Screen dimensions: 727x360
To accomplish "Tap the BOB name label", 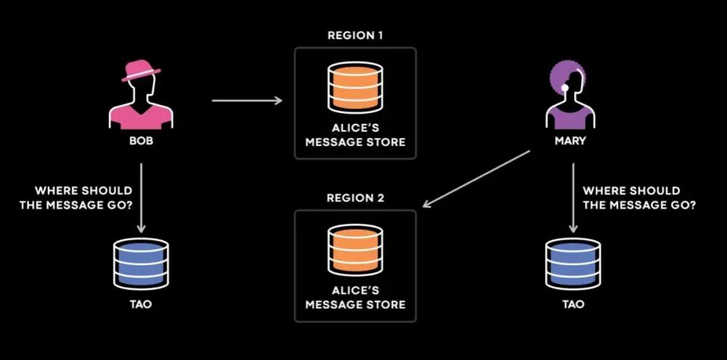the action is click(x=141, y=141).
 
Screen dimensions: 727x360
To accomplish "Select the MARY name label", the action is click(x=570, y=141).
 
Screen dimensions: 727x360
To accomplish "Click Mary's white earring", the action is click(x=565, y=87).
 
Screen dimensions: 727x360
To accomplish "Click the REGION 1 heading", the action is click(x=355, y=36).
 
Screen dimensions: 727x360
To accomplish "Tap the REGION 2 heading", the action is click(x=355, y=199).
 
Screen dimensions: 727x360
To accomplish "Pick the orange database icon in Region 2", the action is click(x=355, y=249).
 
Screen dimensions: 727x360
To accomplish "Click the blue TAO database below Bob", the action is click(x=141, y=262).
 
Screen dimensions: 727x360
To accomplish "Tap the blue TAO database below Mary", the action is click(x=573, y=262).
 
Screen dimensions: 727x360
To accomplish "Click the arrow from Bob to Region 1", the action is click(x=247, y=100).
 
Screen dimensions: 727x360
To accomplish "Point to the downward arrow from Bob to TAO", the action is click(x=141, y=197).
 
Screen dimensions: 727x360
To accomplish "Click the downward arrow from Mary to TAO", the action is click(x=573, y=197).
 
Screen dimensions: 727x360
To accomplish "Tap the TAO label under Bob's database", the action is click(x=141, y=304).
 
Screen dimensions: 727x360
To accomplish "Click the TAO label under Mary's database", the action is click(x=573, y=304).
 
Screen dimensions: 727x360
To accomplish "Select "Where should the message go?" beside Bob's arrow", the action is click(x=76, y=197).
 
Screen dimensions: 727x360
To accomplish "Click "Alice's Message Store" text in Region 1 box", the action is click(x=355, y=135).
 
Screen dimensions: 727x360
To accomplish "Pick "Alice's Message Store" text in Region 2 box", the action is click(x=355, y=297).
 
